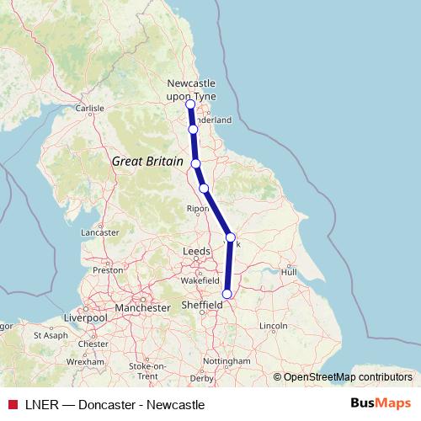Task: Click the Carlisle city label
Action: click(x=89, y=109)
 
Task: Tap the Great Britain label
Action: click(x=147, y=159)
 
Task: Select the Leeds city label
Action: click(x=197, y=252)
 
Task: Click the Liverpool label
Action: click(x=85, y=318)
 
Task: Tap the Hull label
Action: click(x=290, y=272)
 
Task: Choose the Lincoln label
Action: click(x=274, y=325)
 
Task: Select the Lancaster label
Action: click(x=100, y=232)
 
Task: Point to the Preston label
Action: click(x=108, y=270)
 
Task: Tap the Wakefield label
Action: click(x=200, y=285)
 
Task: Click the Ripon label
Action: click(x=198, y=208)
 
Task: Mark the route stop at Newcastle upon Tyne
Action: click(x=190, y=104)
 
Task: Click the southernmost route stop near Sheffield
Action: click(x=226, y=294)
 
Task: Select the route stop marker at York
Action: click(x=231, y=237)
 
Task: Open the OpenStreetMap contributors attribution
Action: click(x=348, y=376)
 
